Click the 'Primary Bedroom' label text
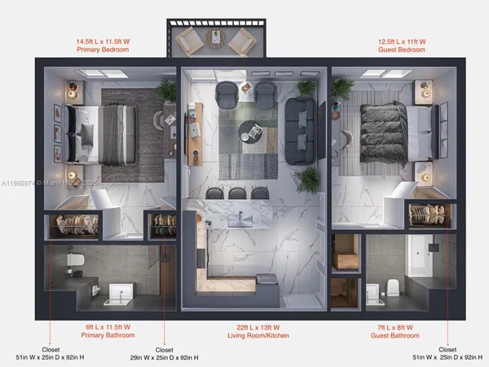click(103, 49)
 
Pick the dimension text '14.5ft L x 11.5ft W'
click(103, 40)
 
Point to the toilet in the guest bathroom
click(392, 286)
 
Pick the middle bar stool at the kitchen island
click(238, 193)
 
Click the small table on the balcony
click(216, 38)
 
